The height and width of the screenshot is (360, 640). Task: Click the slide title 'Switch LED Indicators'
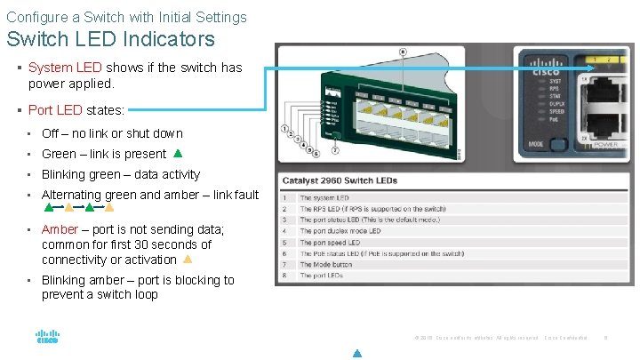(x=111, y=39)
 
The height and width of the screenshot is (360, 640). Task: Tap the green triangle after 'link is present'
(x=178, y=154)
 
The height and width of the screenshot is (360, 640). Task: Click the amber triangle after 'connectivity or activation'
(x=188, y=260)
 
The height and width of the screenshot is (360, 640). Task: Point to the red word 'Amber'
(x=60, y=228)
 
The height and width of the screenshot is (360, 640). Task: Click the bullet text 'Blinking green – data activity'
(x=121, y=174)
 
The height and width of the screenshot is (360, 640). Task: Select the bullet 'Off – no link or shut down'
(x=112, y=133)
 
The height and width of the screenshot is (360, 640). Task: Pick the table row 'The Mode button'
(x=325, y=264)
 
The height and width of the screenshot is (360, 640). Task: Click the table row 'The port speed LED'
(x=330, y=242)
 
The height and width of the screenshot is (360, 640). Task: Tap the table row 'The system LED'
(x=324, y=197)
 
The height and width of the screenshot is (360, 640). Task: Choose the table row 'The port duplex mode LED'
(x=340, y=231)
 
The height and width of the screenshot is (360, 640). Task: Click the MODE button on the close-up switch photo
(x=557, y=144)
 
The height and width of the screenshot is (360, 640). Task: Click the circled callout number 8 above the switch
(x=403, y=52)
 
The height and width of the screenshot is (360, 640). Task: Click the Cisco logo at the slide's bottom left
(x=47, y=338)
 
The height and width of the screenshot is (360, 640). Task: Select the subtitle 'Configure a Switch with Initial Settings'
(x=126, y=17)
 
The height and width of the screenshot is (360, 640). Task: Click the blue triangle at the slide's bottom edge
(x=356, y=353)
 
